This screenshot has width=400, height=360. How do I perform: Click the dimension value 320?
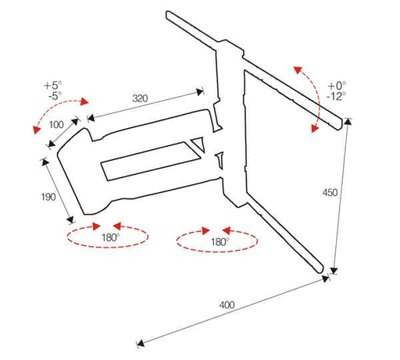(140, 98)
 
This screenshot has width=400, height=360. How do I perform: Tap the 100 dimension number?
(56, 125)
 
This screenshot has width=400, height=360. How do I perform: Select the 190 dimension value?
(48, 197)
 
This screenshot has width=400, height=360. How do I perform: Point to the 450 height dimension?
(330, 193)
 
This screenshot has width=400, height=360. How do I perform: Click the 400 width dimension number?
(227, 305)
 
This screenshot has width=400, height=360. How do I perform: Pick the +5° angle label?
(53, 85)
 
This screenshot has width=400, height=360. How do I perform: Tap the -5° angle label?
(55, 95)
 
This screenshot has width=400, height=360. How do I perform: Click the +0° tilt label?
(337, 86)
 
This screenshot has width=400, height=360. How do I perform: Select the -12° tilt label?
(336, 96)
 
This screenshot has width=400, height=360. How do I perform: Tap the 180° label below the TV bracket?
(220, 242)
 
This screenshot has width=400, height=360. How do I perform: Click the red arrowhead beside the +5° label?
(84, 102)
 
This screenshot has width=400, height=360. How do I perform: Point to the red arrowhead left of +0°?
(298, 70)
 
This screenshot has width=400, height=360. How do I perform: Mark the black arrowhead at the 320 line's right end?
(200, 91)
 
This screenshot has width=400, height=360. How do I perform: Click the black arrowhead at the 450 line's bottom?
(334, 270)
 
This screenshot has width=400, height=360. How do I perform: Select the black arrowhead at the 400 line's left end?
(141, 344)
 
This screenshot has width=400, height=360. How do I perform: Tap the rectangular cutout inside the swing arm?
(151, 161)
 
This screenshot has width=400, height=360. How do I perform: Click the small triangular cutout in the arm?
(198, 144)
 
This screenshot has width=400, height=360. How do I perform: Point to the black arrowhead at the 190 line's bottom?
(70, 219)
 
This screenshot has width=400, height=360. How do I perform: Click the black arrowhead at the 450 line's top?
(348, 122)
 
